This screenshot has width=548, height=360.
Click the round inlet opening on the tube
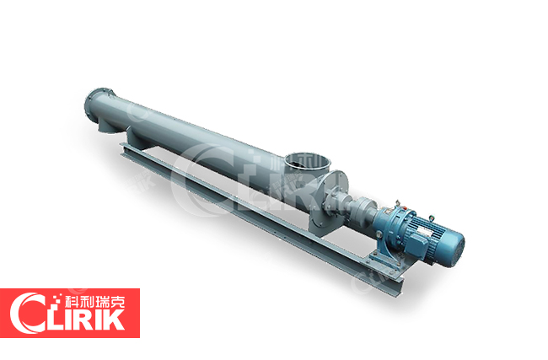tap(307, 161)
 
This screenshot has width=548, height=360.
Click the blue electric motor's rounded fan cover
tap(454, 249)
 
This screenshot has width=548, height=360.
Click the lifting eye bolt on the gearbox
tap(397, 203)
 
